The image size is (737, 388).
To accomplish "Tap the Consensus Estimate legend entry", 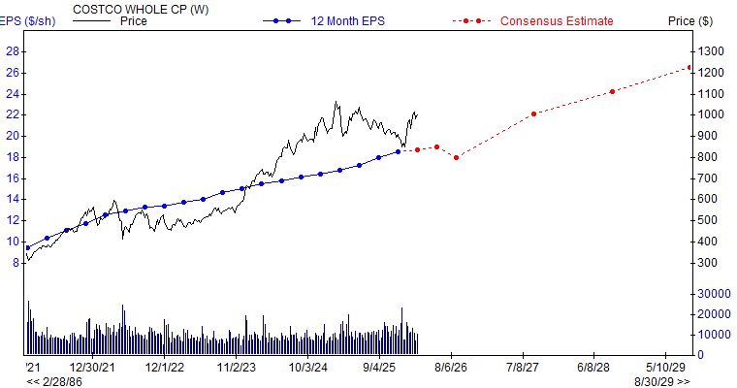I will click(x=556, y=21).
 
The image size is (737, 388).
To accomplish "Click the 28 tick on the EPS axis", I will click(x=14, y=51).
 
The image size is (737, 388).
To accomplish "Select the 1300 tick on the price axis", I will click(x=714, y=51).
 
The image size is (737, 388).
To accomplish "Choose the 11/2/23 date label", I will click(x=237, y=369).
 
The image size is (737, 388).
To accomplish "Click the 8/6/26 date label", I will click(x=452, y=369).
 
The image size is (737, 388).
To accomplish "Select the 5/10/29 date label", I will click(x=665, y=369).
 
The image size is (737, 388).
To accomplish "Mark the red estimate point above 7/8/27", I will click(x=533, y=113).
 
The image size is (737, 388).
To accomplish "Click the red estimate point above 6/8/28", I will click(x=612, y=92).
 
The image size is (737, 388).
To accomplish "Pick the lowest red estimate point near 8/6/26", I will click(x=456, y=157).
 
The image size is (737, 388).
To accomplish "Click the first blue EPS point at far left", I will click(x=28, y=247).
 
